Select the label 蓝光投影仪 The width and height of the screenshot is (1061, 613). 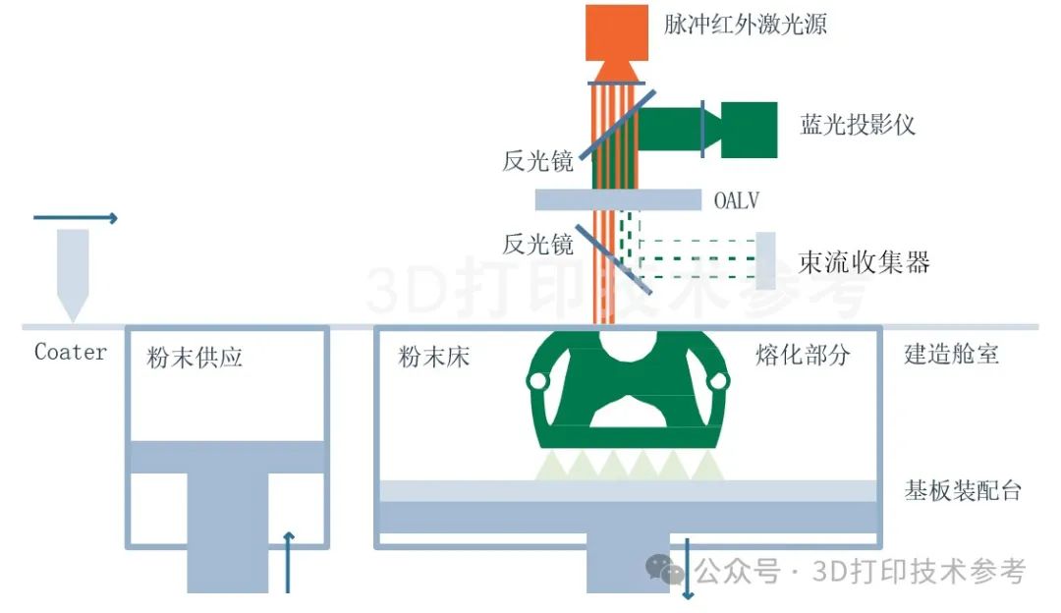click(x=859, y=125)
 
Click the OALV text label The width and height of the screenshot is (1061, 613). click(x=736, y=201)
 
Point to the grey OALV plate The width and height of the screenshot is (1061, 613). click(x=618, y=199)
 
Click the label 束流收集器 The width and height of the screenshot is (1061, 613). click(x=864, y=262)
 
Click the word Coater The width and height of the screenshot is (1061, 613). click(x=71, y=352)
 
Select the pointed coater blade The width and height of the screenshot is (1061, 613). click(x=74, y=270)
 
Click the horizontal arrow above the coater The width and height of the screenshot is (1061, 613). click(x=76, y=218)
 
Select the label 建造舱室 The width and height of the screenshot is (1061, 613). click(x=951, y=354)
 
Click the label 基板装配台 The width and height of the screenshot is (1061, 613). click(x=963, y=489)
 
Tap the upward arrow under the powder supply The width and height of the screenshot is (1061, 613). click(x=288, y=562)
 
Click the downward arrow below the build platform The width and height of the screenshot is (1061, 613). click(x=687, y=568)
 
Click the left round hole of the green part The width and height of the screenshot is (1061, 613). click(x=537, y=380)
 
